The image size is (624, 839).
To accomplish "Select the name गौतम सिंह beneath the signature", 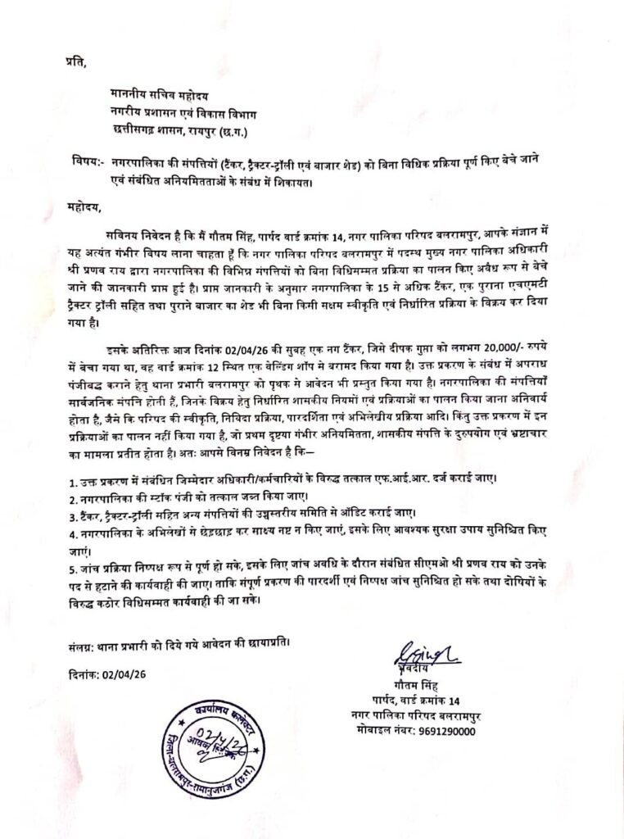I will [x=418, y=683].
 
